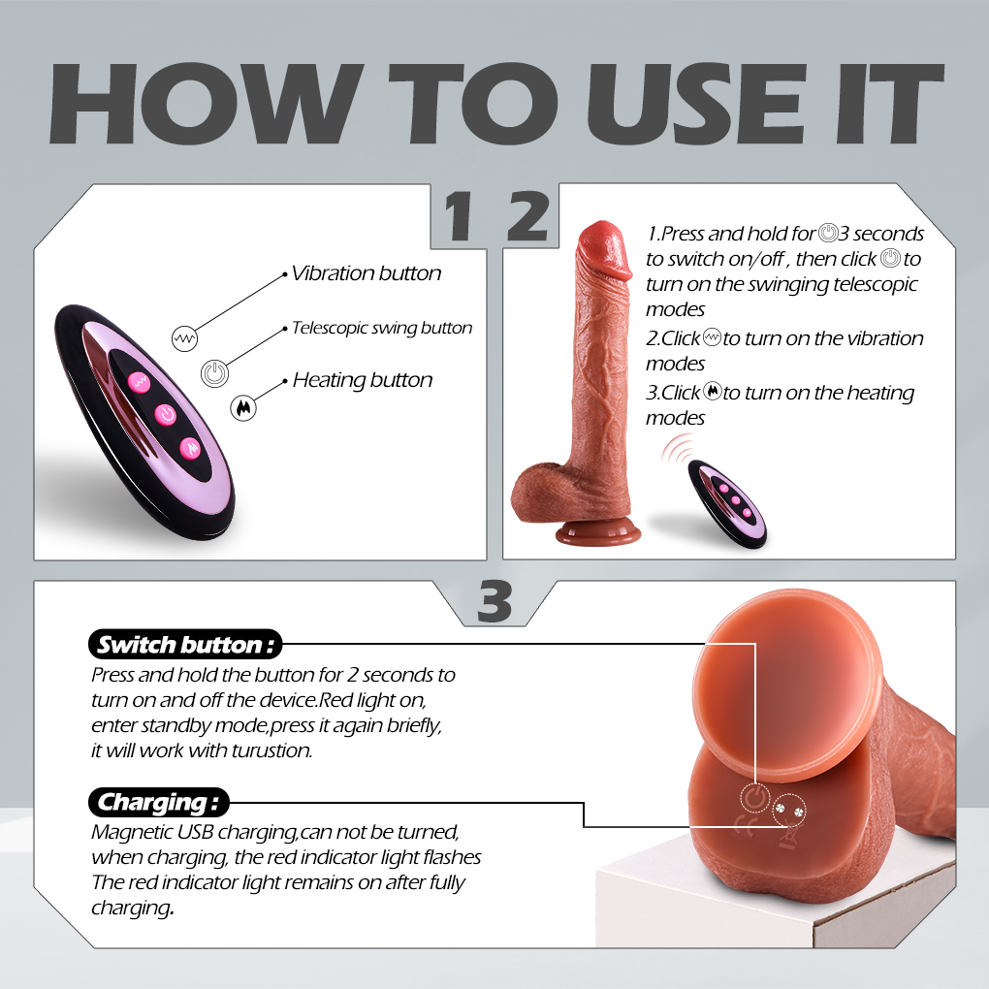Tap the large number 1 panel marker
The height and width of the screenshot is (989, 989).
click(x=460, y=216)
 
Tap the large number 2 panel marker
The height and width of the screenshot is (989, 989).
click(x=527, y=216)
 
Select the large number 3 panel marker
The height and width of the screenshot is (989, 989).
click(x=494, y=600)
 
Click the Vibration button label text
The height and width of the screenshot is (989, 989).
click(x=366, y=273)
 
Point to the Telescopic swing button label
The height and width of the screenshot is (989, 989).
click(x=382, y=328)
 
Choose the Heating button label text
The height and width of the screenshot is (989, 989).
click(x=363, y=380)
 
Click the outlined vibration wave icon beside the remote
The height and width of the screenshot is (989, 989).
click(x=185, y=338)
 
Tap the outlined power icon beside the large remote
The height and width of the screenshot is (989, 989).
click(x=214, y=374)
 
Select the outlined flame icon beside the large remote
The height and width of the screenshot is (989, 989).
click(x=243, y=408)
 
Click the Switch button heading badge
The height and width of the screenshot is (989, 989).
click(x=185, y=645)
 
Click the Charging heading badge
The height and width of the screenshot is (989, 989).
click(x=158, y=802)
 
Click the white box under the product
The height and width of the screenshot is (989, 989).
click(x=776, y=896)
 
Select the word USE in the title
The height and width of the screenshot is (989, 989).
click(x=696, y=104)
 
